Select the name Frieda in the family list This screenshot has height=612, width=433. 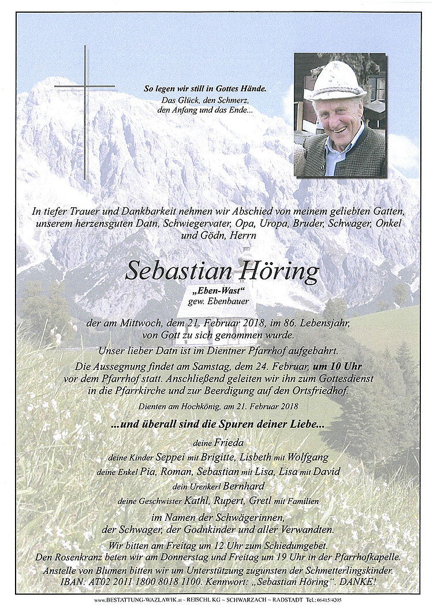(x=226, y=443)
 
